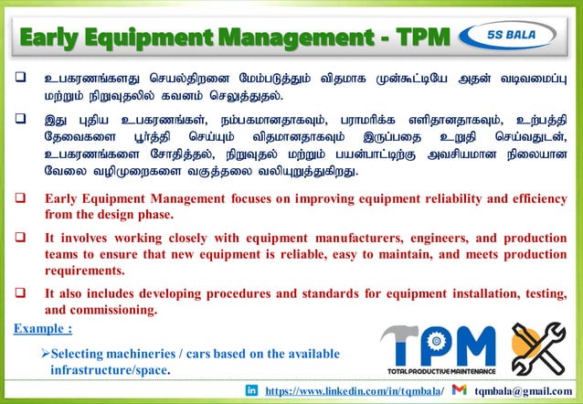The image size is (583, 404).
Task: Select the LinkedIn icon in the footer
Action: (251, 390)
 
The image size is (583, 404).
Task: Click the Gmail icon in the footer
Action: (460, 390)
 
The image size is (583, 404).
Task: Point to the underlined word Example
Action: (40, 328)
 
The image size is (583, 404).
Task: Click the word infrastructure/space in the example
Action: (109, 370)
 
